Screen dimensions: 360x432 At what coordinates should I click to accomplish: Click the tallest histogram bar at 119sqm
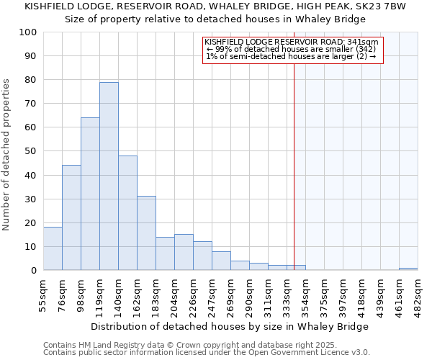[109, 176]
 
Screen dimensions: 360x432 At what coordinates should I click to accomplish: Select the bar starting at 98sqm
[90, 194]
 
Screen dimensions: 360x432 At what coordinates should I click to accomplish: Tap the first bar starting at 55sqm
[53, 248]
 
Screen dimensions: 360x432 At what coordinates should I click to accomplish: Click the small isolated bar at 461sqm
[408, 269]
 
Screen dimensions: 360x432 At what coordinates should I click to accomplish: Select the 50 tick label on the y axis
[30, 151]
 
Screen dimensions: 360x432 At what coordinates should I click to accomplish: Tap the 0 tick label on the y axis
[33, 271]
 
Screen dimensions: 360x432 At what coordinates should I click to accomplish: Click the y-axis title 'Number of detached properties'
[7, 155]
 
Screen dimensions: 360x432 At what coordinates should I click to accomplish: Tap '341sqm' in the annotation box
[363, 42]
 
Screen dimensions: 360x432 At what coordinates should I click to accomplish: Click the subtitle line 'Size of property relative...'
[215, 19]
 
